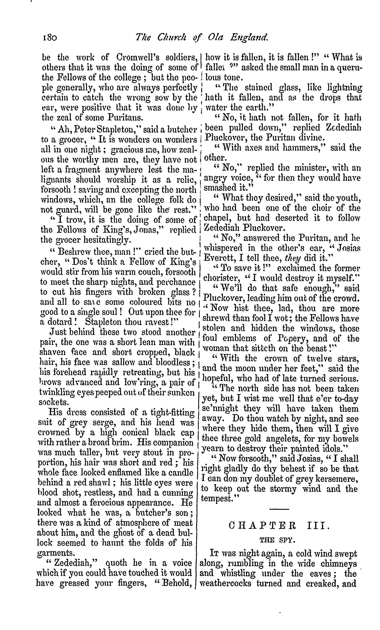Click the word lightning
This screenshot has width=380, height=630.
point(345,88)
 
